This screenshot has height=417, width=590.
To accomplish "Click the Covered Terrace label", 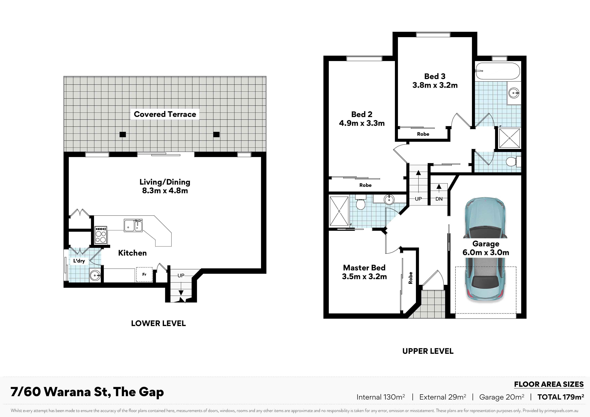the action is [x=165, y=114].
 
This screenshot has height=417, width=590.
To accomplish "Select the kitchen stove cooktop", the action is [x=101, y=235].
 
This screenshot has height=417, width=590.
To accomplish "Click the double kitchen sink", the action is [x=133, y=225].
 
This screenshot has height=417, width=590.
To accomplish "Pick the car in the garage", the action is [x=485, y=249].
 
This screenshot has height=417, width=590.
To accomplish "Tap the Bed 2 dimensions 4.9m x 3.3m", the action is [x=362, y=123].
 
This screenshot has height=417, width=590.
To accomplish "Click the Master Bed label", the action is [x=364, y=268].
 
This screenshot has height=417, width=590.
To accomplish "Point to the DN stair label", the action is [x=439, y=199].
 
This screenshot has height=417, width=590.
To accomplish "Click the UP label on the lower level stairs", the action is [x=181, y=275].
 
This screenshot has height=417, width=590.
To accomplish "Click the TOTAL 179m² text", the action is [x=561, y=397].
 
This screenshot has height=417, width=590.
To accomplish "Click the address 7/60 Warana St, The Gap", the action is [x=87, y=392].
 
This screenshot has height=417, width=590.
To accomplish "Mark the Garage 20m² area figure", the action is [x=502, y=397].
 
